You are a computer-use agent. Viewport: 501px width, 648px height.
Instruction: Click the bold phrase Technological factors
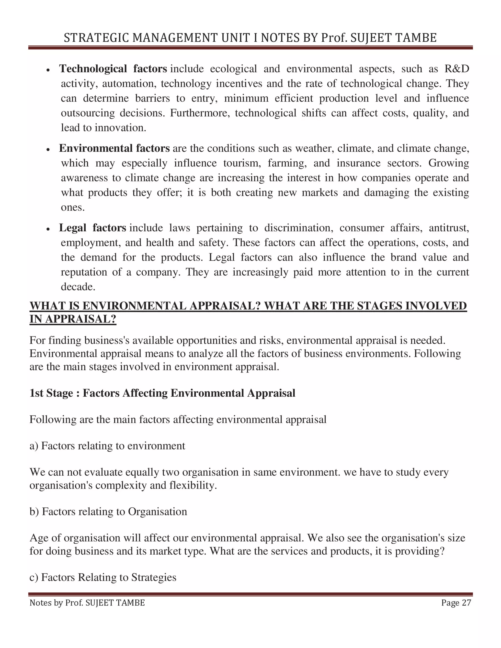[x=113, y=69]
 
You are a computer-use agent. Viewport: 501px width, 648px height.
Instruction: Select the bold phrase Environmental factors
[x=114, y=148]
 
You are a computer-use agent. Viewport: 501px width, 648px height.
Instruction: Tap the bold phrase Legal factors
[x=93, y=228]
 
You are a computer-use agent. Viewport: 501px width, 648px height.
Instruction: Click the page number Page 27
[x=456, y=603]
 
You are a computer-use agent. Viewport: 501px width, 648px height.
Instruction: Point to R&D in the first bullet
[x=457, y=69]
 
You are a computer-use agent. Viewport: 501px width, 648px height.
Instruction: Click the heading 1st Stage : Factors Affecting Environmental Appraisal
[x=162, y=393]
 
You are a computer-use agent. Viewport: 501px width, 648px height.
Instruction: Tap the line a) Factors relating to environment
[x=107, y=446]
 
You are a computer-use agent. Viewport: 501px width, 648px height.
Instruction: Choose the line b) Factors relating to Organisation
[x=108, y=512]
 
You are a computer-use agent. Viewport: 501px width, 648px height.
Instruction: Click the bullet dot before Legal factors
[x=48, y=229]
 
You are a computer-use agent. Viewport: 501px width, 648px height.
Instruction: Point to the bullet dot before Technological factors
[x=48, y=70]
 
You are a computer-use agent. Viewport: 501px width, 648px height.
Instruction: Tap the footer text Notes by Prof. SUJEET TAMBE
[x=87, y=603]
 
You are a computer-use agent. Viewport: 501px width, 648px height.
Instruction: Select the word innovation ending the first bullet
[x=120, y=128]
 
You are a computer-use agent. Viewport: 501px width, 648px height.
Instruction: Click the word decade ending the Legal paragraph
[x=78, y=287]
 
